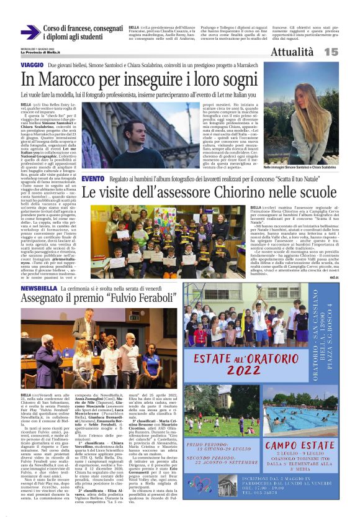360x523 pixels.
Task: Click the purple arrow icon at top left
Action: click(30, 32)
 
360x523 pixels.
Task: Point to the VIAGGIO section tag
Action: click(32, 65)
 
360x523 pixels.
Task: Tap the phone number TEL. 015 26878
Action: click(303, 511)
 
